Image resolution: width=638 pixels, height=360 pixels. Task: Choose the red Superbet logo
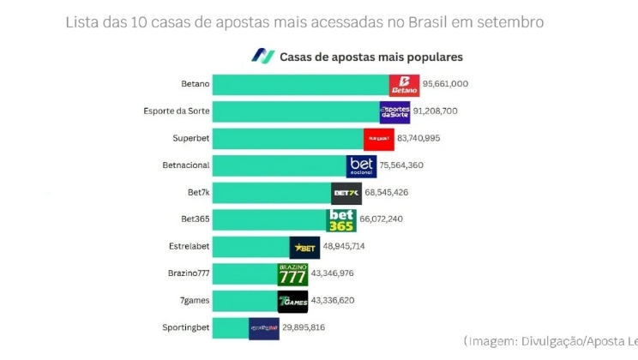coord(378,138)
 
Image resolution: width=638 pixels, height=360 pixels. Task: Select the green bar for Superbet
coord(287,139)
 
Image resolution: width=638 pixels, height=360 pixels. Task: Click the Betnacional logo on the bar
coord(361,165)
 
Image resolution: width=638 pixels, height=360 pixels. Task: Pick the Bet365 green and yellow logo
coord(341,219)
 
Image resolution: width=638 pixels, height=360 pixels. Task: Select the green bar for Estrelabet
coord(250,247)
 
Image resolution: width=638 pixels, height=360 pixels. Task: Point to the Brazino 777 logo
coord(292,274)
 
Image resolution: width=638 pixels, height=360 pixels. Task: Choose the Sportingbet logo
coord(264,327)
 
